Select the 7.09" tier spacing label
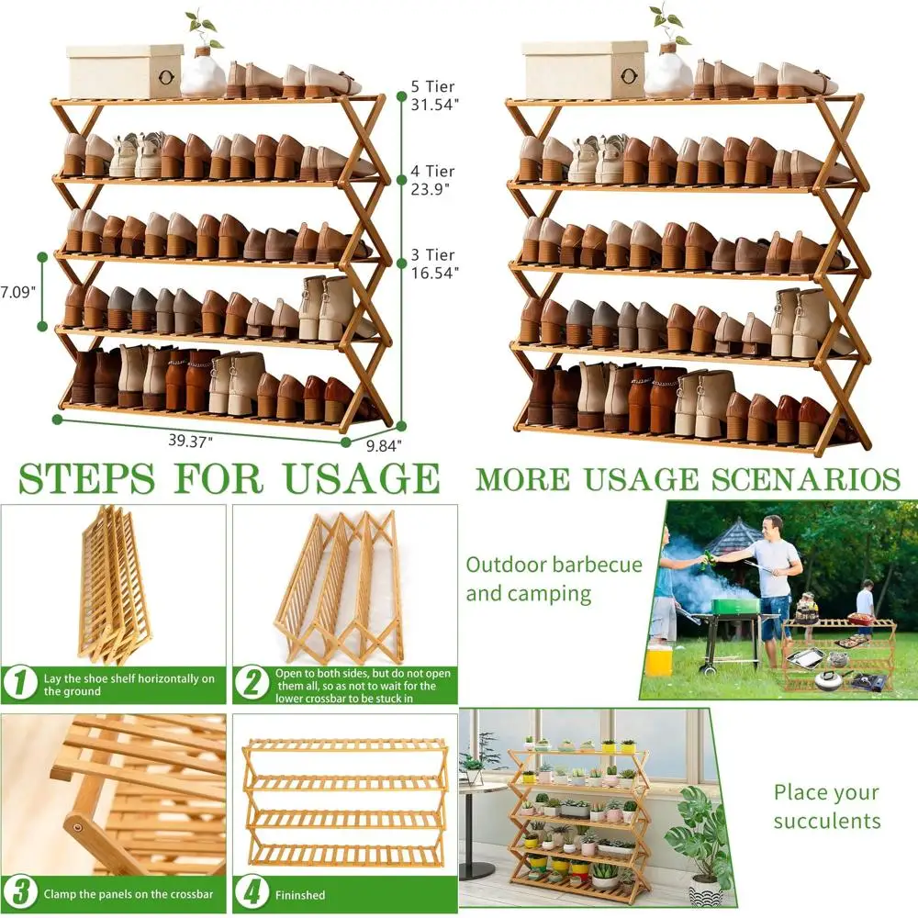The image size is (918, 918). (x=17, y=292)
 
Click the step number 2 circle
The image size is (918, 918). (x=250, y=684)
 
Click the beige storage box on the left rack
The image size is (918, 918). (x=125, y=71)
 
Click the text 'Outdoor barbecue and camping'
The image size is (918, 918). (x=554, y=578)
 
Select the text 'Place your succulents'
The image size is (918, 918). (x=826, y=806)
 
